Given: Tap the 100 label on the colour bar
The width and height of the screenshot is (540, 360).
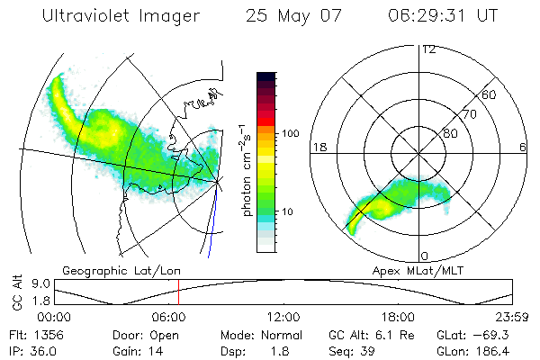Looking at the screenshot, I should point(291,133).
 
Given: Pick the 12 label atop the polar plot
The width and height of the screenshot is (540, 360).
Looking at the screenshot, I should point(428,49).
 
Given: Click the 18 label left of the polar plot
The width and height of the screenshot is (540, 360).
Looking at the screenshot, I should point(319,147).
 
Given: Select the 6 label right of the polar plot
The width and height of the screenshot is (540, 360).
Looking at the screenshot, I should point(524,147).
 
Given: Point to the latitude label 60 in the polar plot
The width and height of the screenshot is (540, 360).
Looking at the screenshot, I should point(490,94).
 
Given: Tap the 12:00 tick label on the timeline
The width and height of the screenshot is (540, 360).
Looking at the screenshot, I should point(283,317).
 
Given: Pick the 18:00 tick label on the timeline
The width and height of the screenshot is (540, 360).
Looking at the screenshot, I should point(398,317).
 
